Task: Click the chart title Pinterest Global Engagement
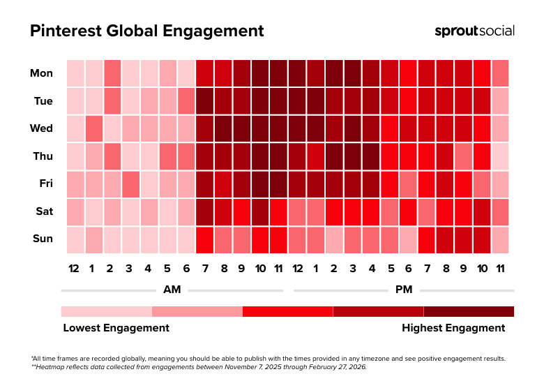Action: pos(146,31)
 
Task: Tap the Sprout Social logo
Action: pos(474,31)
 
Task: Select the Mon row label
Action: pos(41,73)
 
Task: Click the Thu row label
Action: pos(43,156)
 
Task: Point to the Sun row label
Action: pos(43,239)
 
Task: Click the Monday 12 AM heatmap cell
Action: pos(75,73)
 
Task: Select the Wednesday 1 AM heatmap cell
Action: pos(93,128)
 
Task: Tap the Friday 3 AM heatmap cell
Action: pos(130,184)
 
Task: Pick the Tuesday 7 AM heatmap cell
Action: pos(204,100)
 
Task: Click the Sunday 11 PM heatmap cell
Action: pos(500,239)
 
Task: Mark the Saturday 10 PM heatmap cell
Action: pos(481,211)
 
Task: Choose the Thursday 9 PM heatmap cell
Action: pos(463,156)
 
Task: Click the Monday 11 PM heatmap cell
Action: pos(500,73)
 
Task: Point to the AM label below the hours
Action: pos(172,289)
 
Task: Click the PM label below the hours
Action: pos(404,289)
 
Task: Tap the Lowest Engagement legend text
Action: pos(116,327)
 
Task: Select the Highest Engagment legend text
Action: pos(453,327)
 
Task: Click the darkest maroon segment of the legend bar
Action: pos(469,311)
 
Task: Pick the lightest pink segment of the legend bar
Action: pos(106,311)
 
